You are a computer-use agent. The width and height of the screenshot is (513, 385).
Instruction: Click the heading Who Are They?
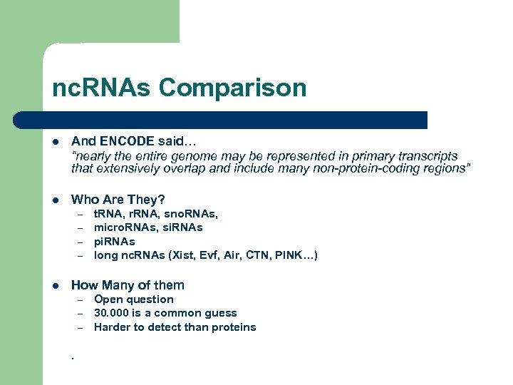pos(118,200)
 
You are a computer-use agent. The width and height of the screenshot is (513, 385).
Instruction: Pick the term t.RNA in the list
pos(110,213)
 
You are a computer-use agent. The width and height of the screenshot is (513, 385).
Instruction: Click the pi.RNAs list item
pos(114,241)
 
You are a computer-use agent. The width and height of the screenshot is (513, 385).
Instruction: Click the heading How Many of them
pos(128,285)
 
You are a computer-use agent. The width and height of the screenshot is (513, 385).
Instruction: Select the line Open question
pos(134,299)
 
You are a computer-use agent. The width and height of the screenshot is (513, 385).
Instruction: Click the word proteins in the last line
pos(234,327)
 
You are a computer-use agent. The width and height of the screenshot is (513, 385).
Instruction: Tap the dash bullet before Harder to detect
pos(81,328)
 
